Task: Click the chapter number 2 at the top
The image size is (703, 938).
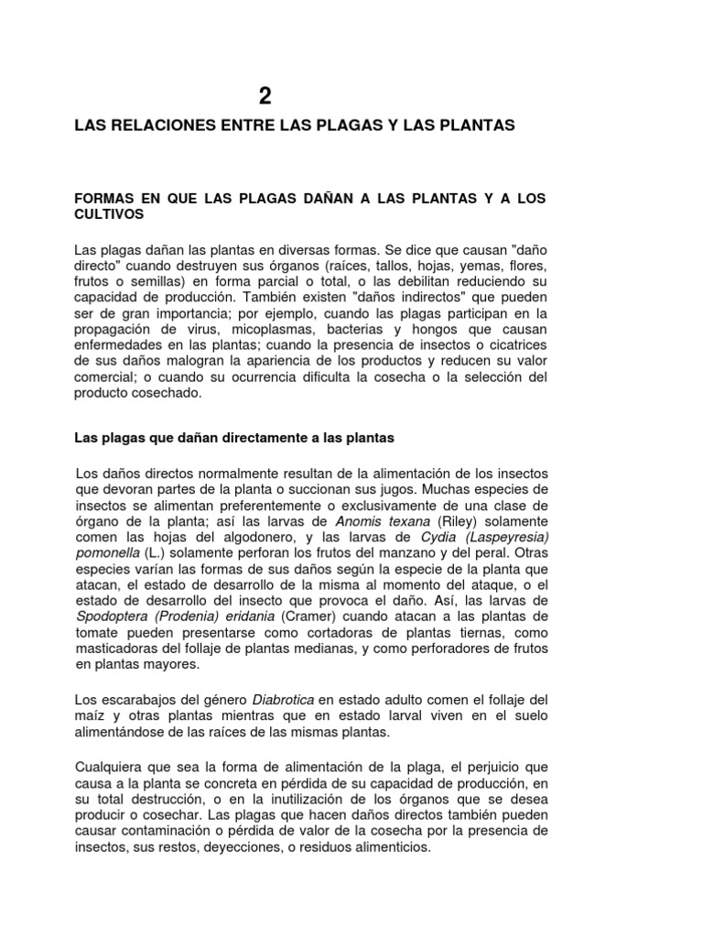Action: pos(265,95)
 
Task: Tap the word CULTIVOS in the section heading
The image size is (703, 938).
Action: pos(109,214)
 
